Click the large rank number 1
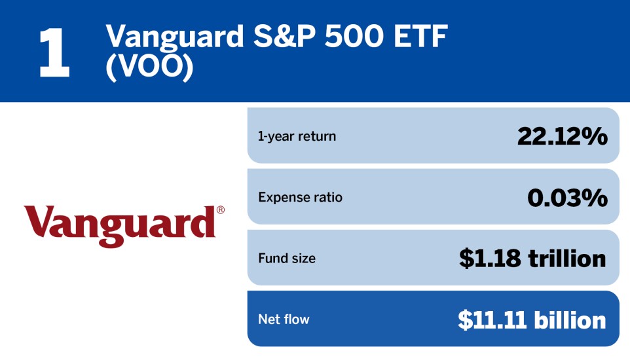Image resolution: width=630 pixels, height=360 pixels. point(54,53)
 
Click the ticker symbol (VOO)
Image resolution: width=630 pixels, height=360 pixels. point(150,68)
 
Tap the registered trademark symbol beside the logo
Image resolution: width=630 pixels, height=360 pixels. point(220,210)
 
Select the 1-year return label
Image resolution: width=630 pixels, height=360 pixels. point(297,136)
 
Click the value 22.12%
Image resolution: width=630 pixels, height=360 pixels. point(562,136)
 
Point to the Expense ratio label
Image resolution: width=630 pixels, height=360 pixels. point(300,197)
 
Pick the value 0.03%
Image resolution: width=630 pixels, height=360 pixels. point(567,197)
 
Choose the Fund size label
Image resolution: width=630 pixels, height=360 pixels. point(287,259)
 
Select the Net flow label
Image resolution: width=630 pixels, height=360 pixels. point(284,319)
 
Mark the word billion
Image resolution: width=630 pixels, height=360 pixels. point(570,319)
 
